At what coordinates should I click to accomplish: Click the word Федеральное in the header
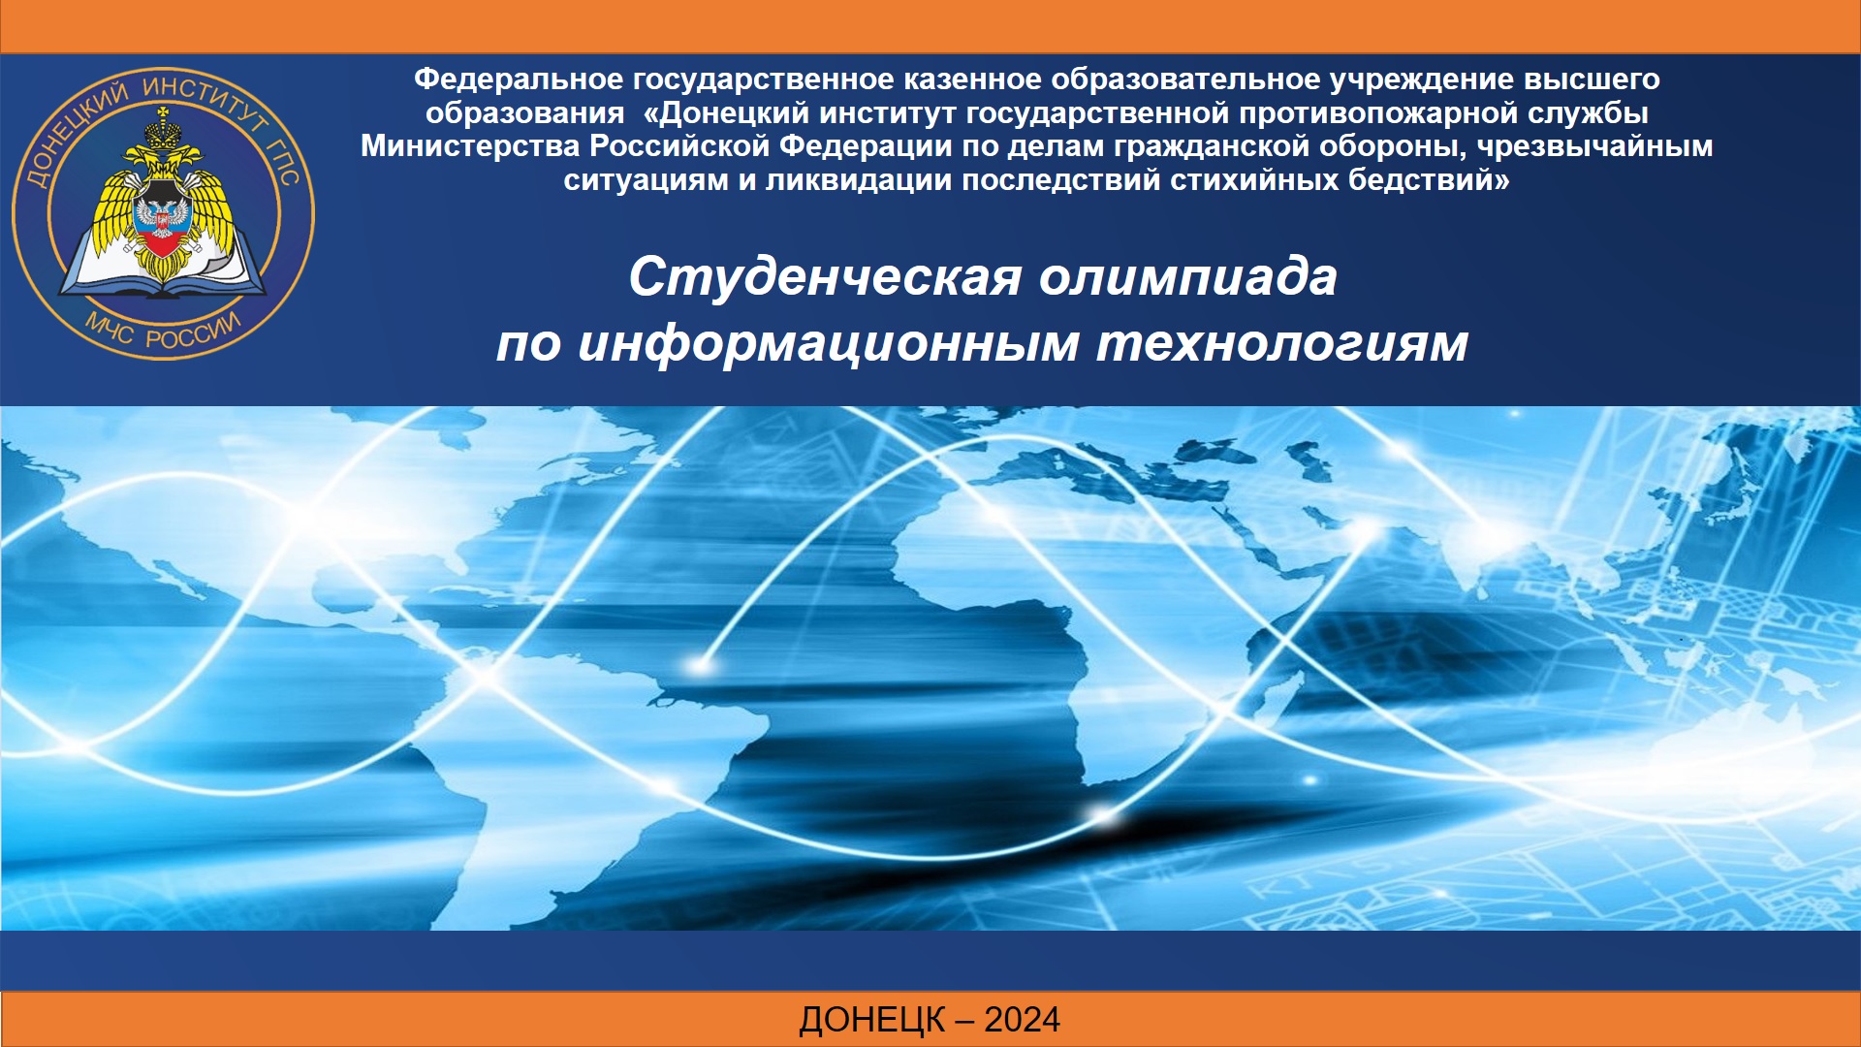(x=518, y=79)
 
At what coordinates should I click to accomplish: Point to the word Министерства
(x=471, y=146)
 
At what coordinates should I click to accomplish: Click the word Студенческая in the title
(x=825, y=277)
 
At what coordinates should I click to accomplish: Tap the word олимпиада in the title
(x=1188, y=277)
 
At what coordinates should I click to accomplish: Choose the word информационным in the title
(x=829, y=343)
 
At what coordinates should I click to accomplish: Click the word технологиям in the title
(x=1282, y=343)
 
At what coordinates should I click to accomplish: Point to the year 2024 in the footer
(x=1022, y=1020)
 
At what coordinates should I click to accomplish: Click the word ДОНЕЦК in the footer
(x=872, y=1021)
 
